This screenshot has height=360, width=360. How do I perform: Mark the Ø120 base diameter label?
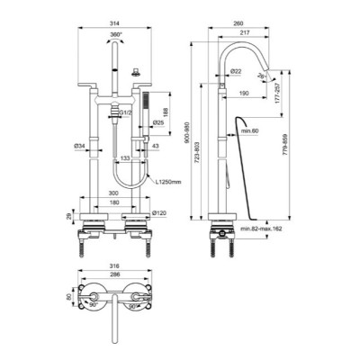[159, 212]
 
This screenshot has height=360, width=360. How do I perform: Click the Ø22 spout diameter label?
[236, 71]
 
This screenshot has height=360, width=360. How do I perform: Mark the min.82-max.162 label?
[270, 230]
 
